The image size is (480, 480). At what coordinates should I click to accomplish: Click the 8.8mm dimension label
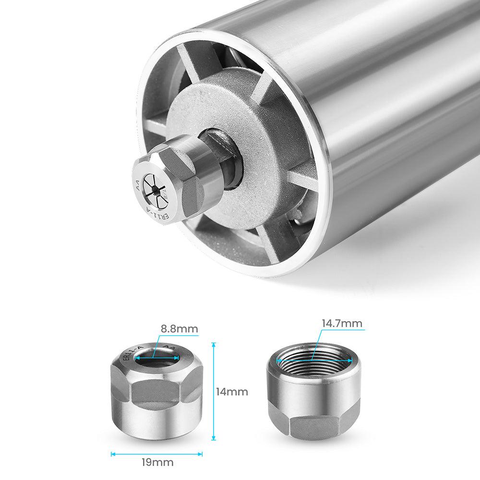[179, 329]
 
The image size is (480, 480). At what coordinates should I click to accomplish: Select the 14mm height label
[232, 392]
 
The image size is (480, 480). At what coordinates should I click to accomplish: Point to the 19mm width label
[157, 463]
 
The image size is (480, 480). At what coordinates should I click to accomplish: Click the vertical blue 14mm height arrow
[214, 392]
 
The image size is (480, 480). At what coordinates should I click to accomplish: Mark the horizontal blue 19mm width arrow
[156, 454]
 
